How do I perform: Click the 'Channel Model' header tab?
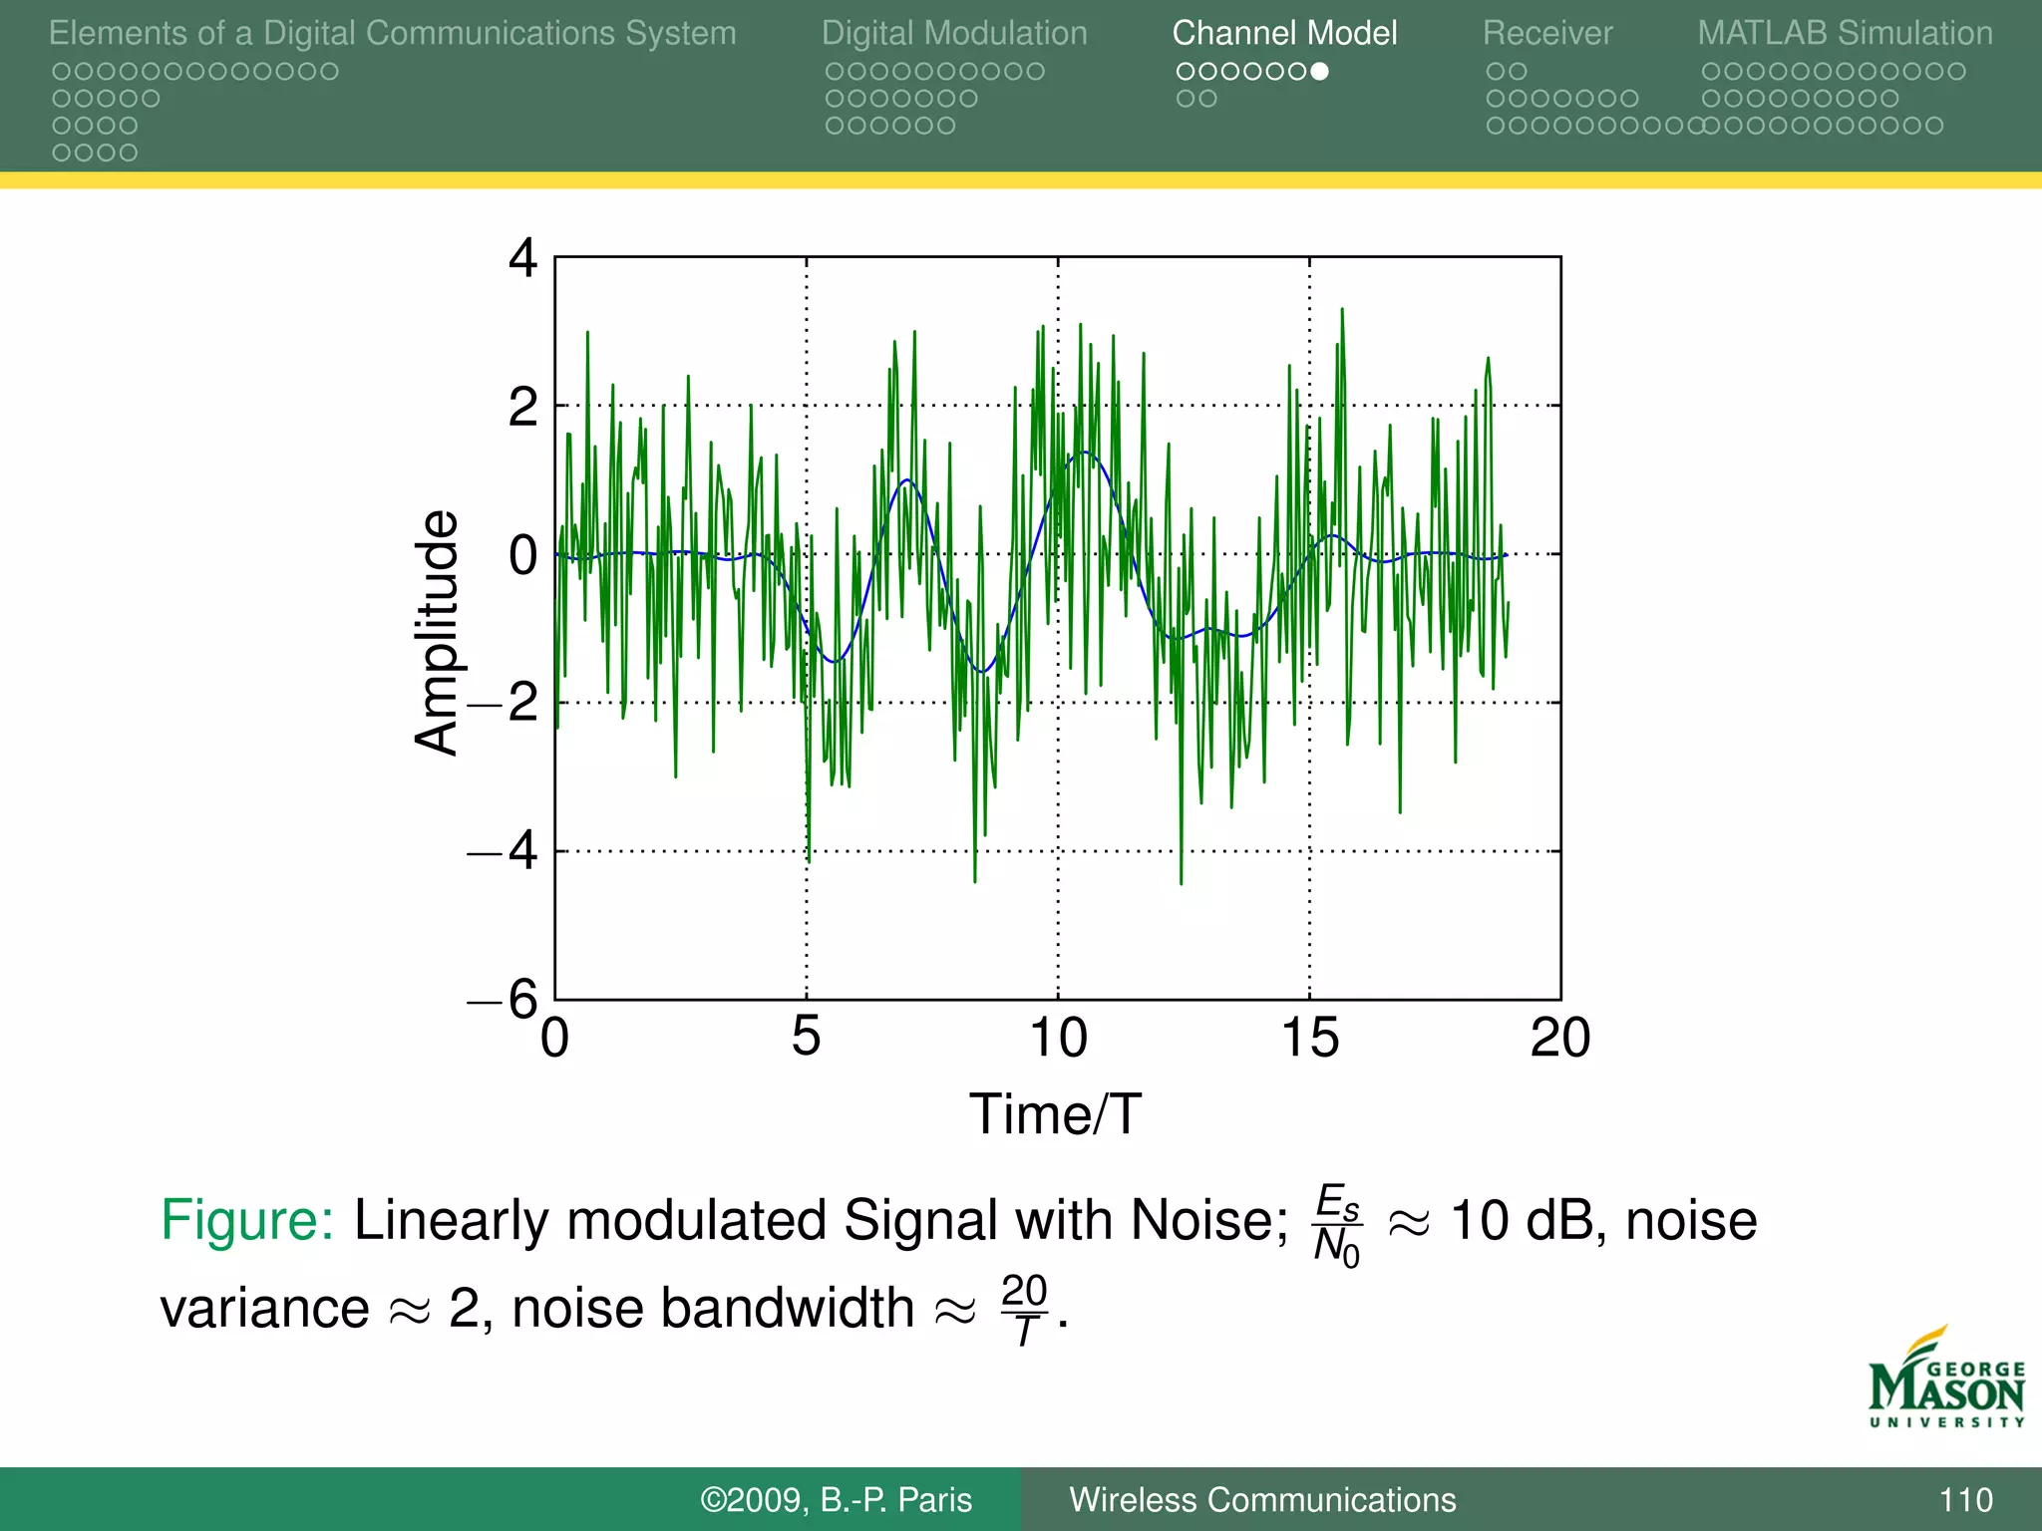(x=1284, y=33)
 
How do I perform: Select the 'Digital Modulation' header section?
(x=954, y=33)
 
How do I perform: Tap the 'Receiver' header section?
(x=1546, y=33)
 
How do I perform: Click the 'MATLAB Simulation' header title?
(x=1845, y=33)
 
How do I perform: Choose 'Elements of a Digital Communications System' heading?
(x=392, y=33)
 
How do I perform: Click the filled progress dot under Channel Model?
(x=1319, y=71)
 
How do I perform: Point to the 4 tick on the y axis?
(x=522, y=258)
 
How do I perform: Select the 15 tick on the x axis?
(x=1309, y=1038)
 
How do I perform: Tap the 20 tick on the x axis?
(x=1560, y=1038)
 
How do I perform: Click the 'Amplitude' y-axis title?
(x=437, y=632)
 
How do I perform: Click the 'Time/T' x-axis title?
(x=1055, y=1113)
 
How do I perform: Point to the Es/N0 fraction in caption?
(x=1337, y=1224)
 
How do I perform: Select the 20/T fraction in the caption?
(x=1024, y=1310)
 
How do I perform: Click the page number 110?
(x=1965, y=1499)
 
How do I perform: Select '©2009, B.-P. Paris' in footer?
(x=836, y=1499)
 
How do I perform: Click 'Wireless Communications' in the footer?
(x=1262, y=1499)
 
